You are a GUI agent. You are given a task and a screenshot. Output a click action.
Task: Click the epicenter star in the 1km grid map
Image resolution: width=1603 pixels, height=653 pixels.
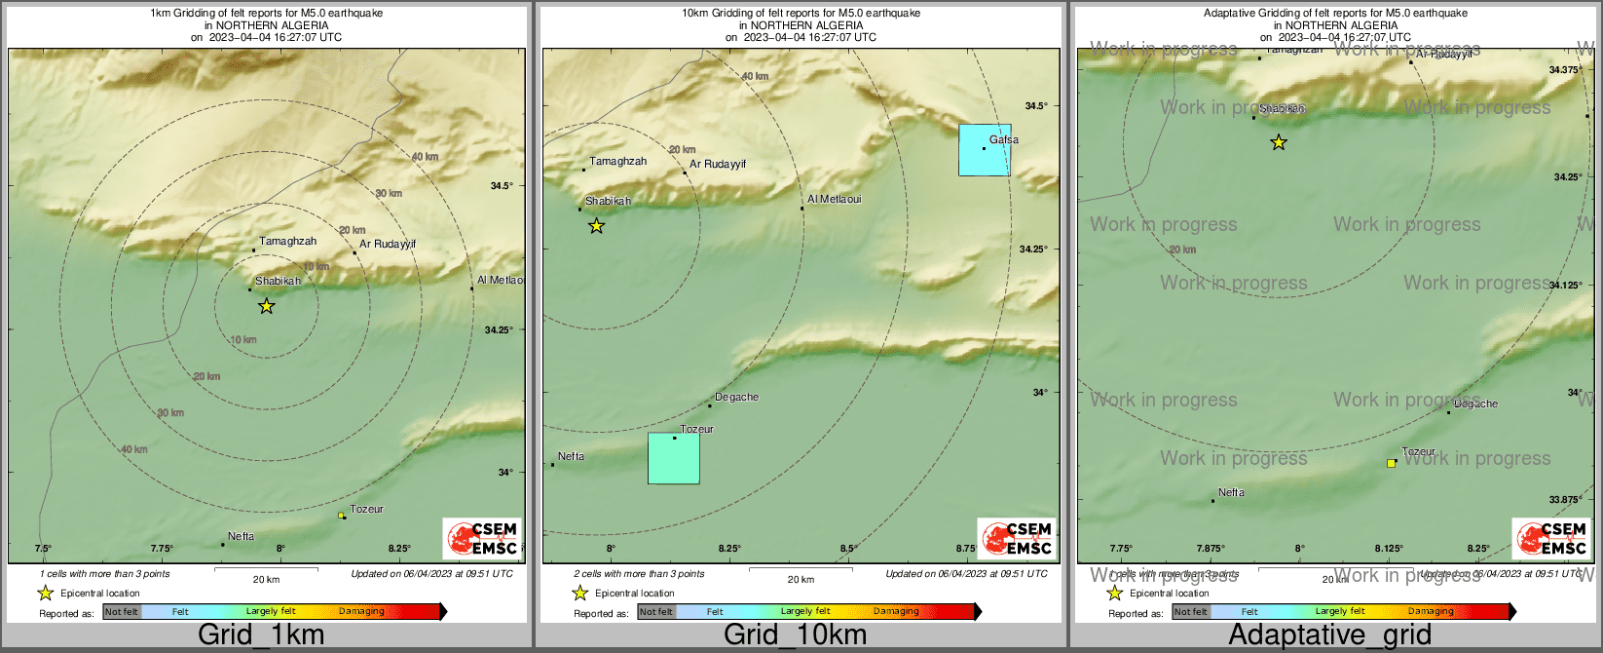pyautogui.click(x=266, y=306)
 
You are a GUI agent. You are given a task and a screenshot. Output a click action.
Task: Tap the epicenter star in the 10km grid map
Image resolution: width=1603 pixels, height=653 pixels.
pyautogui.click(x=597, y=226)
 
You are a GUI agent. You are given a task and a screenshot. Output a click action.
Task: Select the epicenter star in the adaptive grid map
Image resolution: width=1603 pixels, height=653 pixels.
pyautogui.click(x=1279, y=142)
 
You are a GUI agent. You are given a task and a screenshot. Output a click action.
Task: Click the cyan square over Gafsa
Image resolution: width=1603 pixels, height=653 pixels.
pyautogui.click(x=985, y=150)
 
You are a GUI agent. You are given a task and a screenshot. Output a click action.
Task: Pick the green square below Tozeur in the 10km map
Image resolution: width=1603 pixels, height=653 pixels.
pyautogui.click(x=674, y=459)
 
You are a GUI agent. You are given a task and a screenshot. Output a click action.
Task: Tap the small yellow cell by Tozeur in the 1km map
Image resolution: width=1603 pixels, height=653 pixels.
pyautogui.click(x=341, y=515)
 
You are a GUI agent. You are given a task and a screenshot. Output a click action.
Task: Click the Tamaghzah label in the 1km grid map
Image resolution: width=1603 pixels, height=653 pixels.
pyautogui.click(x=287, y=241)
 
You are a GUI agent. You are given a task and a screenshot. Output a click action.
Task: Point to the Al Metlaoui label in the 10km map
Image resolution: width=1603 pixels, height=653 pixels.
pyautogui.click(x=834, y=200)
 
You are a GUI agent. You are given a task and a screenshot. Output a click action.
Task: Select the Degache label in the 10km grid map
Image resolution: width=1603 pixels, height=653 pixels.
pyautogui.click(x=736, y=397)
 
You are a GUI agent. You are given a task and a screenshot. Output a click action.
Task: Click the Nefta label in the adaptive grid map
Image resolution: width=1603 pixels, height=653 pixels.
pyautogui.click(x=1231, y=492)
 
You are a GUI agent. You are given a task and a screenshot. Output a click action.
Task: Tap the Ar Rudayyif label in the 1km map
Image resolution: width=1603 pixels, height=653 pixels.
pyautogui.click(x=388, y=244)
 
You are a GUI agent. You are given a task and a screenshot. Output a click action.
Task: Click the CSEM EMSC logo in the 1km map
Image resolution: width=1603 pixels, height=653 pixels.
pyautogui.click(x=482, y=539)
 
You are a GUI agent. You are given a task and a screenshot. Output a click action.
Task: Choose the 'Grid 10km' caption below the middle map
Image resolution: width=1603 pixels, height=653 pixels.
pyautogui.click(x=795, y=635)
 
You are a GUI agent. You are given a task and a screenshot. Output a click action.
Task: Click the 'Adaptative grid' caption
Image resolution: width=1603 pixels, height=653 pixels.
pyautogui.click(x=1329, y=635)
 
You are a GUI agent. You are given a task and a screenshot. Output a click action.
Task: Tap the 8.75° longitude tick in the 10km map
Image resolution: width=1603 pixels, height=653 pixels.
pyautogui.click(x=966, y=549)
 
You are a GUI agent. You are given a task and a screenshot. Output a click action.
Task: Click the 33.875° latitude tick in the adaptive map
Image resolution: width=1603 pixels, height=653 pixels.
pyautogui.click(x=1565, y=500)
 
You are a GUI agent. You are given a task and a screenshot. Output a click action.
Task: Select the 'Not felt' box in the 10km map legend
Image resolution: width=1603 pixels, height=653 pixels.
pyautogui.click(x=656, y=612)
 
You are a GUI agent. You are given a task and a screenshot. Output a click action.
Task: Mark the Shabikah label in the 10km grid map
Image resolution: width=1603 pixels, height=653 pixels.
pyautogui.click(x=608, y=201)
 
